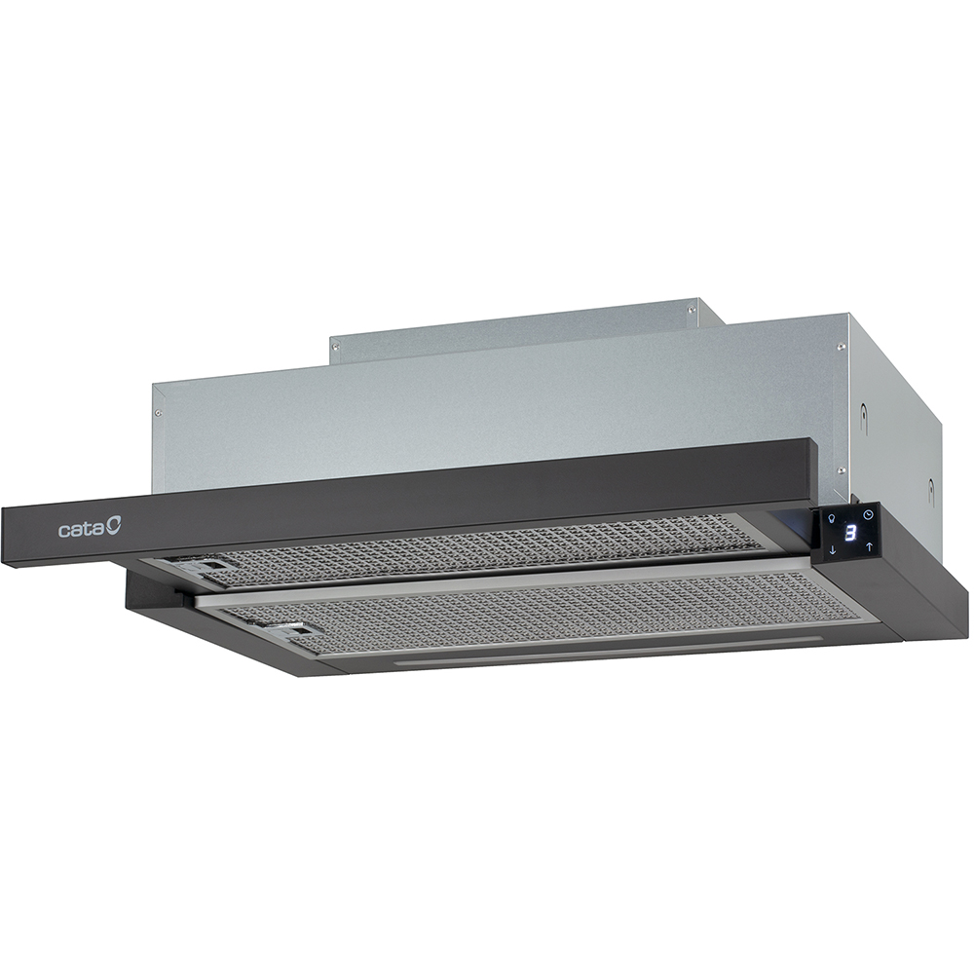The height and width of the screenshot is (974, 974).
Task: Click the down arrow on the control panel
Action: [833, 549]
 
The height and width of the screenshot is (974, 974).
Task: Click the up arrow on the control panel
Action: [870, 546]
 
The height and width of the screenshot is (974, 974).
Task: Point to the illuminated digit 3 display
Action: [851, 533]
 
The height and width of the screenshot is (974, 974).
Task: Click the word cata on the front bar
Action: [82, 530]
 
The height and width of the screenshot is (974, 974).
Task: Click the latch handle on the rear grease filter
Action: [204, 567]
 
